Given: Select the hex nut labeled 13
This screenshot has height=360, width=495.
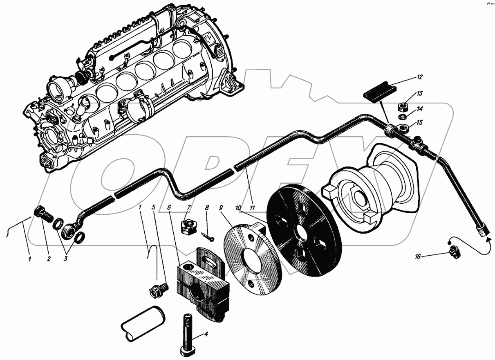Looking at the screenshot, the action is click(402, 108).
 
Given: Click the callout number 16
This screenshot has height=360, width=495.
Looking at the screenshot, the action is click(418, 256).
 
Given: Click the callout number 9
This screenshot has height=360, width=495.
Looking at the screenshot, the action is click(221, 208).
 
